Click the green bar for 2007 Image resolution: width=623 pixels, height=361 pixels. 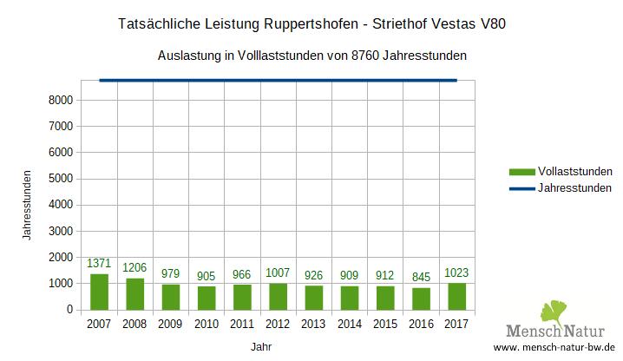99,292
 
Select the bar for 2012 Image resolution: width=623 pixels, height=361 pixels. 279,296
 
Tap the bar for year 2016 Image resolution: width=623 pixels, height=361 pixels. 421,299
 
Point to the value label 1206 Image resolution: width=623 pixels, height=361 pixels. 134,267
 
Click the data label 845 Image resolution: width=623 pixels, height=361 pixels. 421,277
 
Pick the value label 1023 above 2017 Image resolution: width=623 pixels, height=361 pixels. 456,272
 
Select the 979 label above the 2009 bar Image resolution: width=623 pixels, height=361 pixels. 170,273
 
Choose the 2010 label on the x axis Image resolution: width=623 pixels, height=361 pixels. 207,325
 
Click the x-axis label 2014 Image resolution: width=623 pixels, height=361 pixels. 349,325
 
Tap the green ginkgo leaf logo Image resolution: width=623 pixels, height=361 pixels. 554,313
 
